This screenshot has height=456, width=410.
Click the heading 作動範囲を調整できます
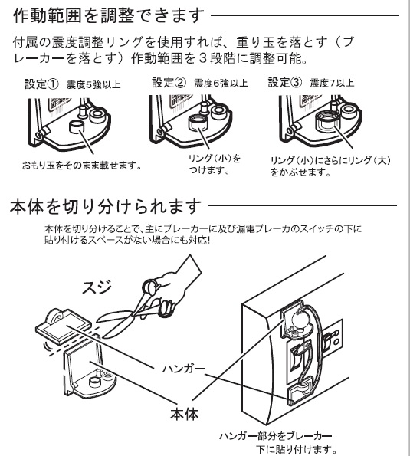[109, 15]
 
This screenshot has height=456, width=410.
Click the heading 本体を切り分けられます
[105, 206]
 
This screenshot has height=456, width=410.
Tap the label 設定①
[41, 84]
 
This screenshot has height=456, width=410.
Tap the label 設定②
[169, 83]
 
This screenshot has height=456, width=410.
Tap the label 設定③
[285, 82]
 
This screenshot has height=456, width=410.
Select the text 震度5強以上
[93, 85]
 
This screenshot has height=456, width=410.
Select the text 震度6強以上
[221, 84]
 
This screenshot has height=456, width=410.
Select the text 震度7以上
[332, 84]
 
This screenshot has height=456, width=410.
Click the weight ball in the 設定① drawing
[77, 127]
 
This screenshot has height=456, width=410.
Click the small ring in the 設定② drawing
[198, 122]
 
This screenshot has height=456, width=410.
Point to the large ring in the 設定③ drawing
[327, 120]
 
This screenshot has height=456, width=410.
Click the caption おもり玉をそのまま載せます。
[82, 166]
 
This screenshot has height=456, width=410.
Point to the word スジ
[97, 287]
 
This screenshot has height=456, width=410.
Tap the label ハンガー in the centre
[184, 369]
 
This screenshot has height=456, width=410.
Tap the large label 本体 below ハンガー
[185, 414]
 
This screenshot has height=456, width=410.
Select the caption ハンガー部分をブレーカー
[275, 436]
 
